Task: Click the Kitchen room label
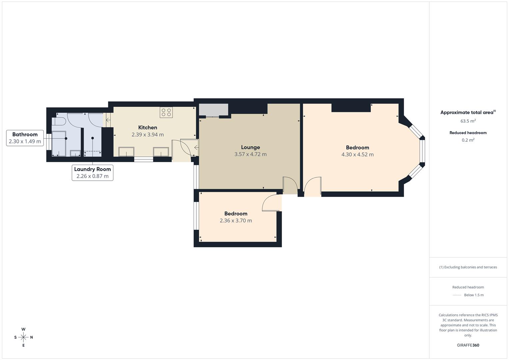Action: click(148, 127)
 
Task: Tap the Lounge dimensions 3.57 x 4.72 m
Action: click(250, 154)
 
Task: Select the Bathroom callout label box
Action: click(25, 138)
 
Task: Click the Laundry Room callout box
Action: click(92, 173)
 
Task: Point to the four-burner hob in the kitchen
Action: click(166, 112)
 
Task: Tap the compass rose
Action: click(23, 337)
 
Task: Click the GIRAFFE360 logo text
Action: click(468, 345)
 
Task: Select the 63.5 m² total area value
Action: click(468, 121)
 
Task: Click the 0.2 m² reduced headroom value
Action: click(468, 140)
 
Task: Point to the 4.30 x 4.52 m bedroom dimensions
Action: click(357, 155)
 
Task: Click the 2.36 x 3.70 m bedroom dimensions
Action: click(236, 221)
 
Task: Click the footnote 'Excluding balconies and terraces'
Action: click(468, 267)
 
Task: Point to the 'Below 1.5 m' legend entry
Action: click(473, 295)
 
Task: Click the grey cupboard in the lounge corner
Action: click(213, 110)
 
